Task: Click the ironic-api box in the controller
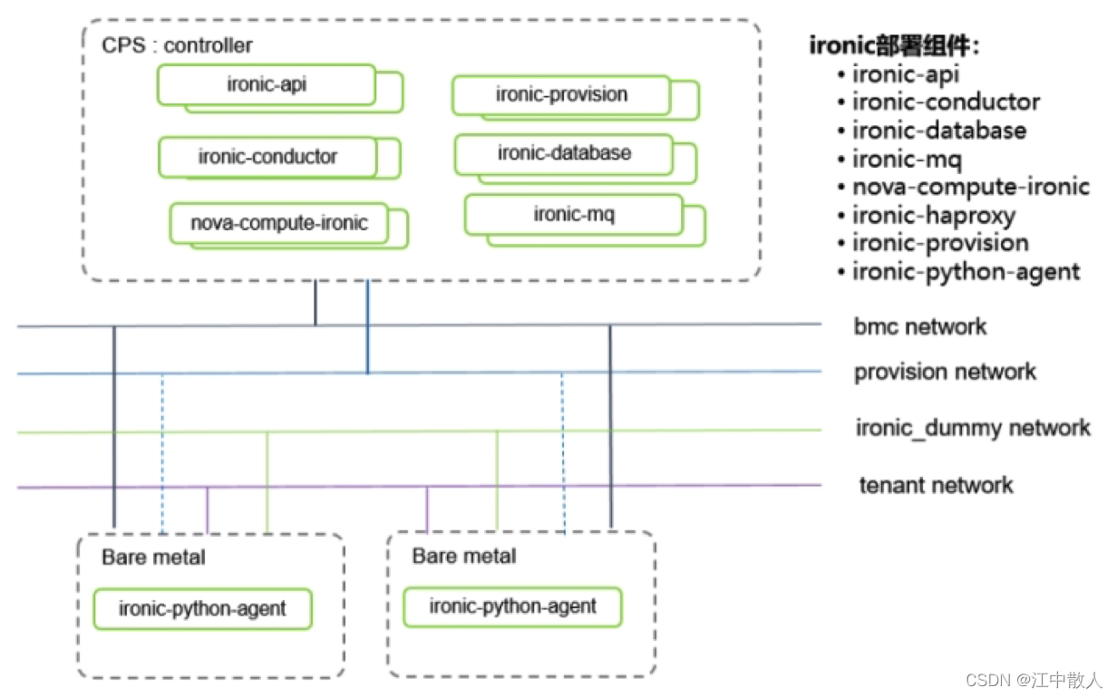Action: click(x=266, y=85)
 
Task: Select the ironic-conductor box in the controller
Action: click(x=268, y=157)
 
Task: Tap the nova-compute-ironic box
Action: click(x=279, y=223)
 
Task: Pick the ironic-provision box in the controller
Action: click(x=561, y=95)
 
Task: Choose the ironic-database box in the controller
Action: click(x=564, y=154)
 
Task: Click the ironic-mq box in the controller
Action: click(x=574, y=214)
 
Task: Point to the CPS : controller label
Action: click(x=177, y=45)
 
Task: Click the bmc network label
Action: click(x=920, y=327)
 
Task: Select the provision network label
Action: click(x=945, y=372)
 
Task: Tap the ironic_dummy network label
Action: click(x=973, y=428)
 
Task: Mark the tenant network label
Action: click(x=936, y=485)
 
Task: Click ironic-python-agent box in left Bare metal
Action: click(x=203, y=609)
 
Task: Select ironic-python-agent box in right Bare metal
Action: click(x=513, y=606)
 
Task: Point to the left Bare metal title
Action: click(x=154, y=557)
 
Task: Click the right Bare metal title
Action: click(x=464, y=556)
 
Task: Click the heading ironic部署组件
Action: click(x=894, y=45)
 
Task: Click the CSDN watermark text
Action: click(x=1034, y=680)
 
